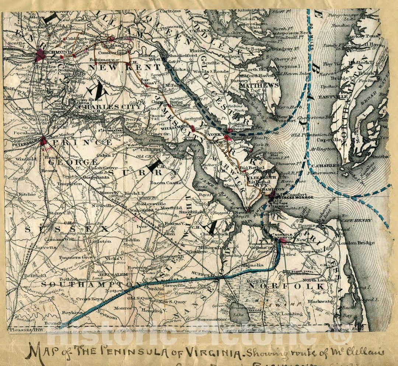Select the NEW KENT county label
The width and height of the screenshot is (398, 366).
(x=125, y=67)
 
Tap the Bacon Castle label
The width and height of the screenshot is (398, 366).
(x=166, y=183)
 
